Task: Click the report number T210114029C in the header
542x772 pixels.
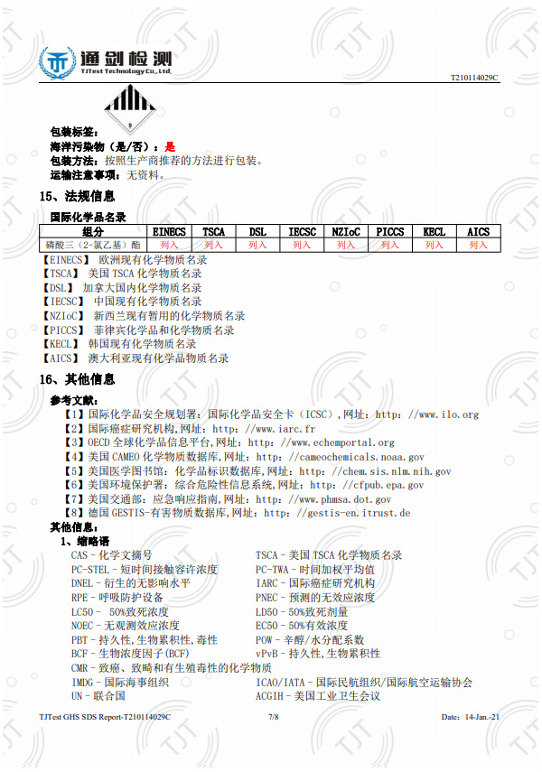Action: (474, 78)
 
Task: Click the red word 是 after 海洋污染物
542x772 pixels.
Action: (170, 146)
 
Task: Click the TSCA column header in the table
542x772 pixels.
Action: (214, 232)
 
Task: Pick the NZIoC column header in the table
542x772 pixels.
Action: (346, 232)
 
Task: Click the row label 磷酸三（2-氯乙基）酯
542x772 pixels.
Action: (93, 245)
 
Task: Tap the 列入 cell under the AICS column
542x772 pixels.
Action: (478, 245)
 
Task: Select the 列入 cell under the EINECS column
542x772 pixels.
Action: (170, 245)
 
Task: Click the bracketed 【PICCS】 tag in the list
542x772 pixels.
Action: (64, 330)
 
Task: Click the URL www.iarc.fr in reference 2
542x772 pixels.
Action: (286, 429)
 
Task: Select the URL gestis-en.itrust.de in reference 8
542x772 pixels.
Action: (354, 513)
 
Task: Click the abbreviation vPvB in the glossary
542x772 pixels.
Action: (266, 653)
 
